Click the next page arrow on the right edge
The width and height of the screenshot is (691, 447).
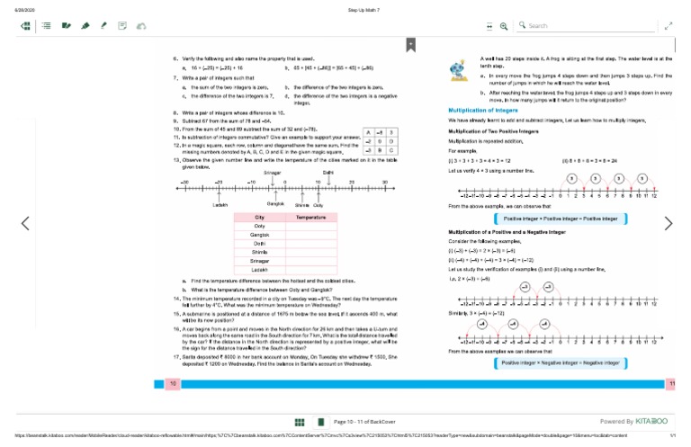pyautogui.click(x=668, y=223)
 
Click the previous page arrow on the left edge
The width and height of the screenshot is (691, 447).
pyautogui.click(x=25, y=223)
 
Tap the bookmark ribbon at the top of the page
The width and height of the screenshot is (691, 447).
pyautogui.click(x=410, y=43)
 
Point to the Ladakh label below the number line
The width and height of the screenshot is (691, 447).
pyautogui.click(x=220, y=205)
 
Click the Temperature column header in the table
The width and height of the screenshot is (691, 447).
pyautogui.click(x=310, y=218)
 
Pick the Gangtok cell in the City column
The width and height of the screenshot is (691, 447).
pyautogui.click(x=259, y=235)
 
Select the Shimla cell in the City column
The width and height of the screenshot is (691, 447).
pyautogui.click(x=259, y=252)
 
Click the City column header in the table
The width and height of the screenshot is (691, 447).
pyautogui.click(x=259, y=218)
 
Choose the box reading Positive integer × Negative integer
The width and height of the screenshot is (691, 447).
pyautogui.click(x=561, y=362)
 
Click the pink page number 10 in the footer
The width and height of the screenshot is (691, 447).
pyautogui.click(x=173, y=384)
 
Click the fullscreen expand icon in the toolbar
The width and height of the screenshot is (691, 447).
pyautogui.click(x=668, y=26)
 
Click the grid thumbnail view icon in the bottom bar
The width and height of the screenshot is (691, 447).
pyautogui.click(x=299, y=421)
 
